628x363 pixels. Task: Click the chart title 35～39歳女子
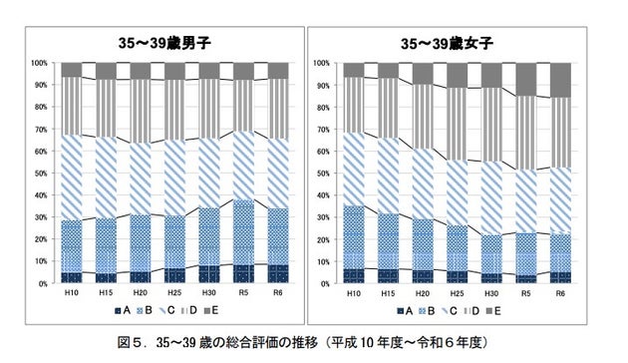pyautogui.click(x=448, y=43)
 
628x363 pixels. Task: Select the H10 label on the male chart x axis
pyautogui.click(x=71, y=294)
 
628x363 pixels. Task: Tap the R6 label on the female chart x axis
pyautogui.click(x=560, y=294)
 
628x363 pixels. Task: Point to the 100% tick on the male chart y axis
pyautogui.click(x=40, y=63)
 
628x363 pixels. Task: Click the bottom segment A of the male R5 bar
pyautogui.click(x=243, y=274)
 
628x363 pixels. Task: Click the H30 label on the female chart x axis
pyautogui.click(x=491, y=294)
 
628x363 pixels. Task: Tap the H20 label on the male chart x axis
pyautogui.click(x=140, y=294)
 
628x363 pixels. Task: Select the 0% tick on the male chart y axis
pyautogui.click(x=42, y=284)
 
